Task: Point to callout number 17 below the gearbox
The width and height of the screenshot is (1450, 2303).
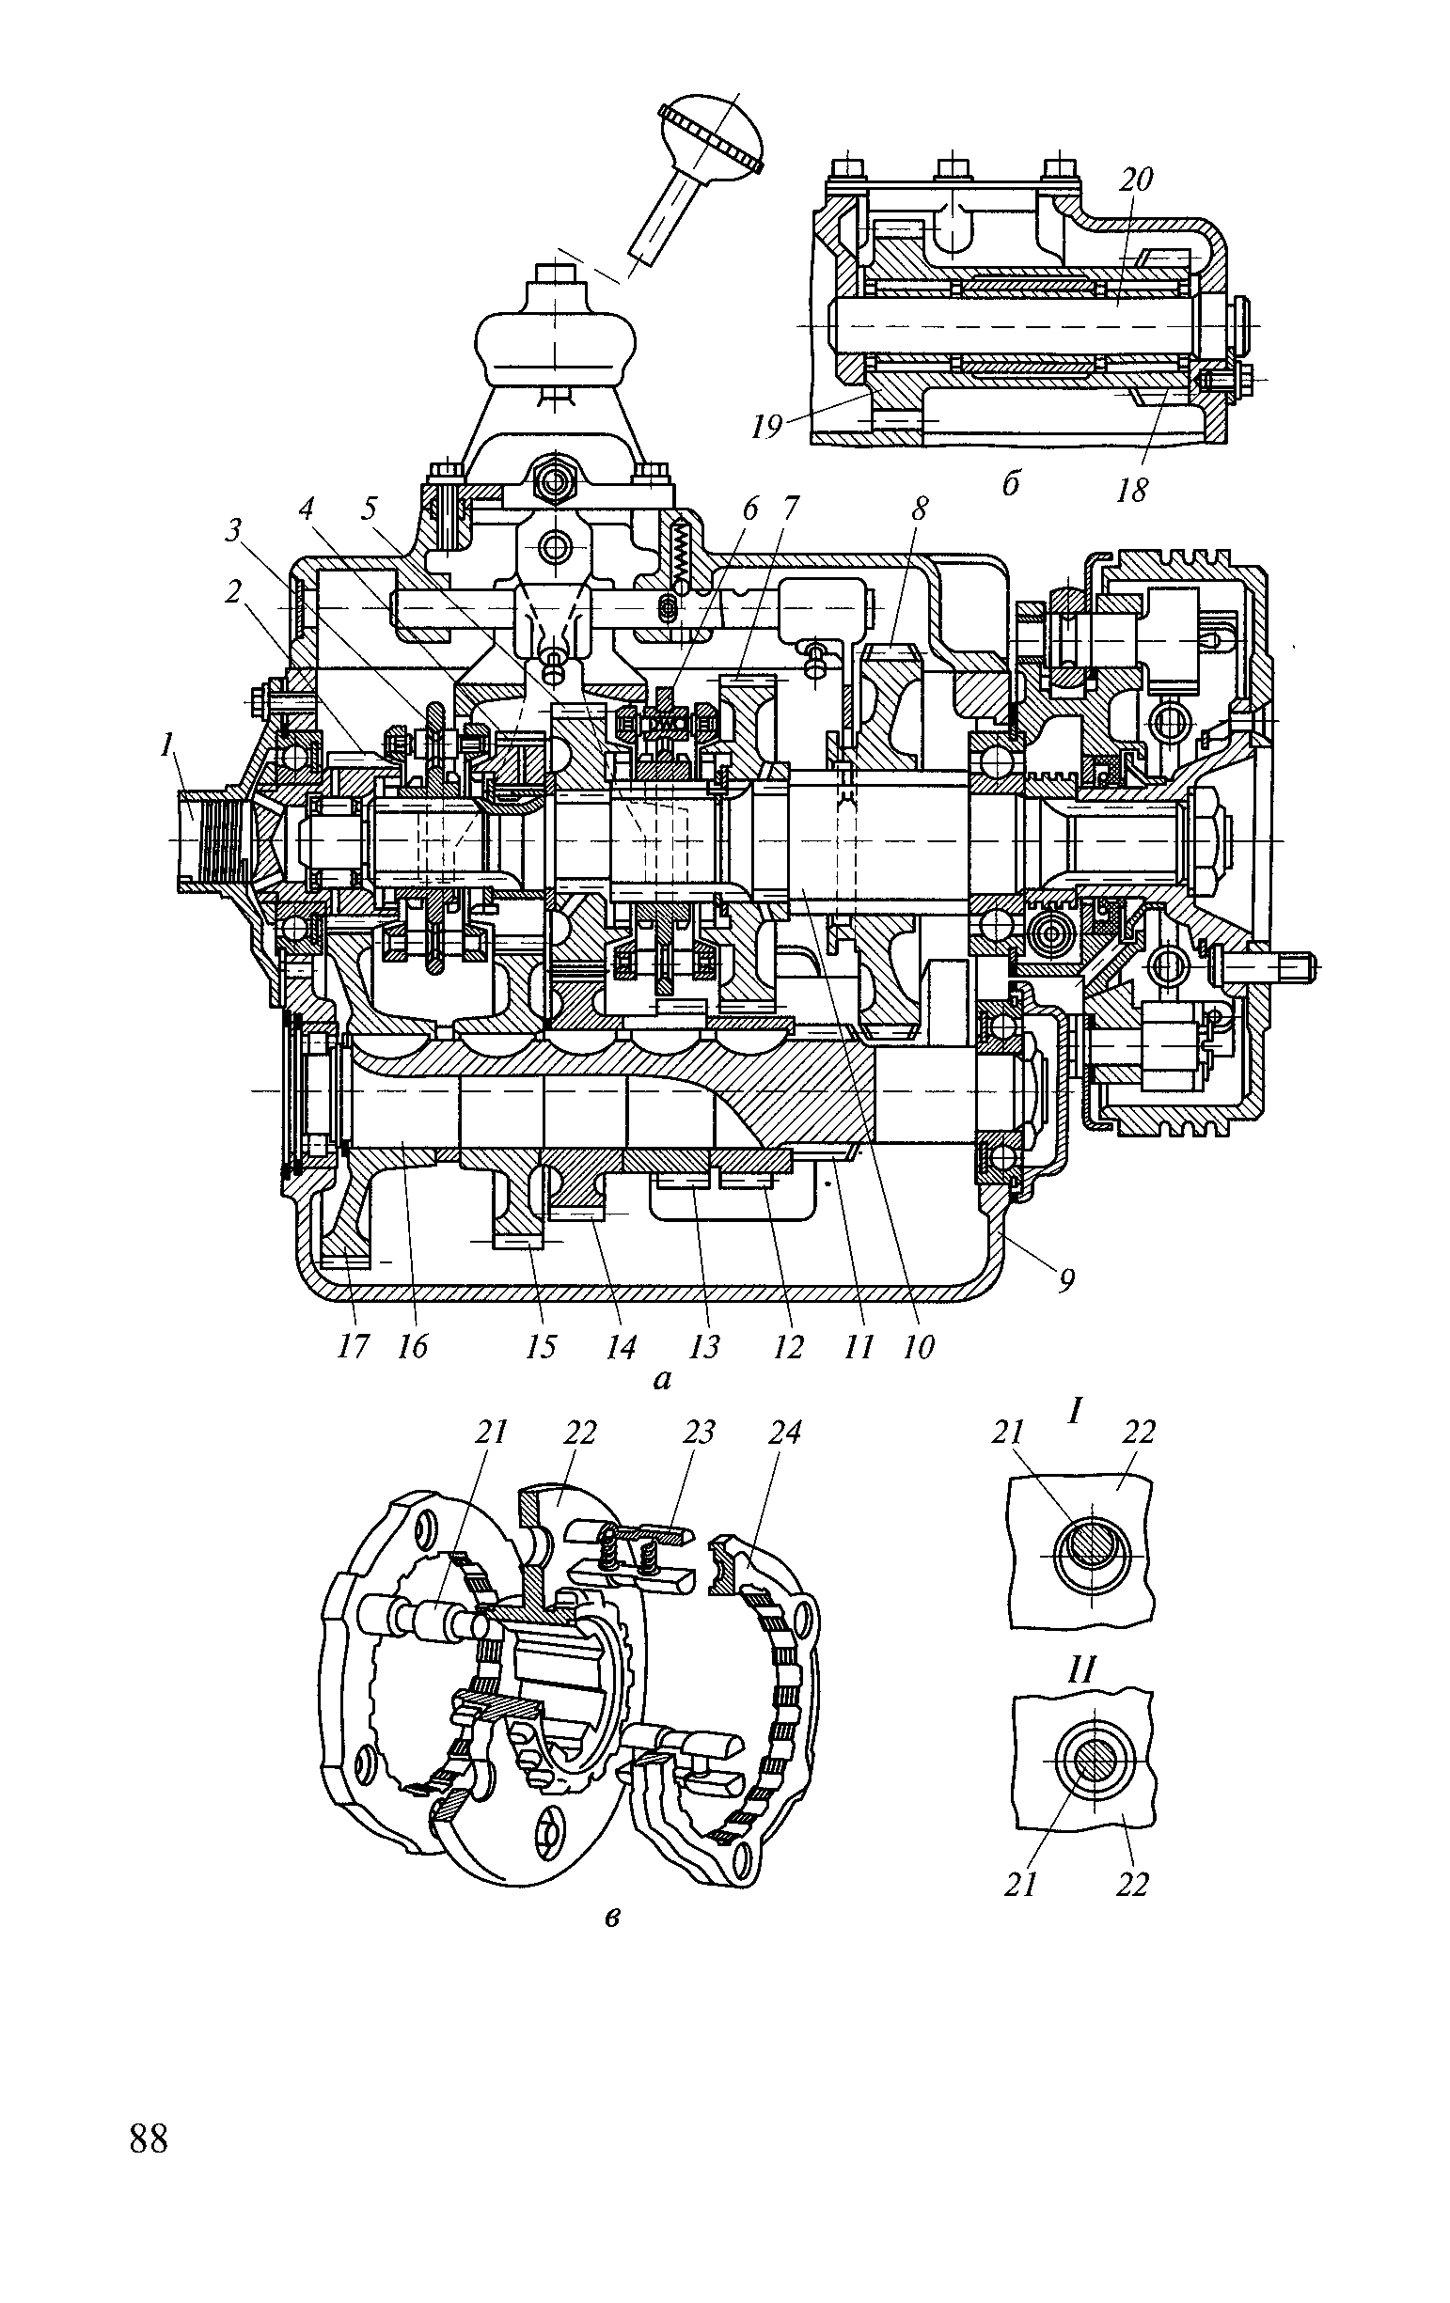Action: [353, 1348]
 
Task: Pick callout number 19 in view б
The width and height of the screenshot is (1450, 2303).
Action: [767, 427]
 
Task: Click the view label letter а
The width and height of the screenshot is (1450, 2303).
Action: [661, 1379]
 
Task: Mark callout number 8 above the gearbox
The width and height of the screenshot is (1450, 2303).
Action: [917, 509]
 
